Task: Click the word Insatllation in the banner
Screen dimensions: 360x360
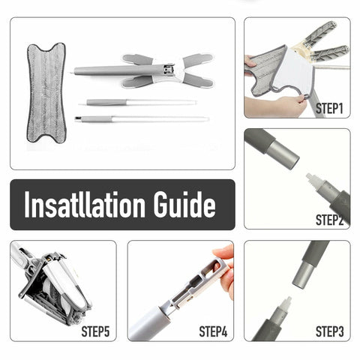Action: pos(85,205)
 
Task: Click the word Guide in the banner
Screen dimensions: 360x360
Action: pos(184,205)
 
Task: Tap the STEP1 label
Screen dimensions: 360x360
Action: pos(329,108)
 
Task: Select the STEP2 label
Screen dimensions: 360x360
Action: pos(329,220)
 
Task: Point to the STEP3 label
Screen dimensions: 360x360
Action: pos(329,331)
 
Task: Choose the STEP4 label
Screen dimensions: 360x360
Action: pos(213,331)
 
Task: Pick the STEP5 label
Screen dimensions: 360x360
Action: pos(95,331)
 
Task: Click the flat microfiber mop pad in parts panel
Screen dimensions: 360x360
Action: pos(46,93)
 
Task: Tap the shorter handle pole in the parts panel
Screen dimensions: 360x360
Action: pos(137,102)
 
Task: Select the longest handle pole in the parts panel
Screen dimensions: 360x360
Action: pos(142,119)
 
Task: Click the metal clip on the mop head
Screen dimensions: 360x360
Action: pos(168,70)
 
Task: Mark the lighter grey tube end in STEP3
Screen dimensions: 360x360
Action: pos(304,274)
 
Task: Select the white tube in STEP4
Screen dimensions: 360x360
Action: pos(149,322)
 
